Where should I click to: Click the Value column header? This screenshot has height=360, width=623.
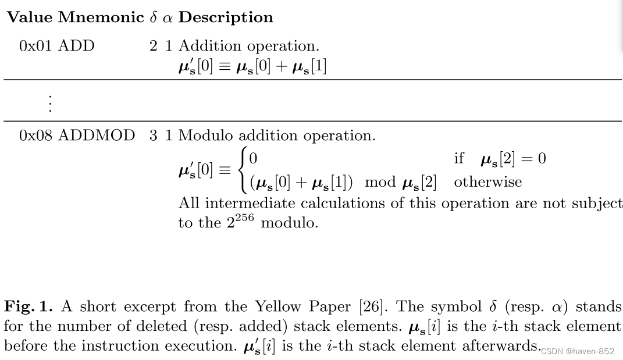click(30, 17)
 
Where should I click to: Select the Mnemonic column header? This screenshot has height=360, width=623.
click(101, 17)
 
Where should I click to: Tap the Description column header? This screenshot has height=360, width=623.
click(226, 17)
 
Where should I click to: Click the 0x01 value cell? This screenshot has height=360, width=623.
click(36, 46)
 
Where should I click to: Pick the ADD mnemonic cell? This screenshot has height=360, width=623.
click(76, 46)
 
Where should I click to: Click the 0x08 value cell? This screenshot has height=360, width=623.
click(36, 136)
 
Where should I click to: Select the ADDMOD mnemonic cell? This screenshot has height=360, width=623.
click(97, 136)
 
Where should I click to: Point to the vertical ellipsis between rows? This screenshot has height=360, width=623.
click(51, 103)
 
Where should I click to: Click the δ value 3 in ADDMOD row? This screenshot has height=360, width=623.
click(153, 136)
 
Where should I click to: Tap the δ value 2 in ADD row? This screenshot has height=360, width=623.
click(153, 46)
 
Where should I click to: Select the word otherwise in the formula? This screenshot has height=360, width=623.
click(488, 182)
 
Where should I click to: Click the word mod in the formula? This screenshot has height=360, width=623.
click(380, 182)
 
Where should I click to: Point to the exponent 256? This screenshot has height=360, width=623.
click(244, 218)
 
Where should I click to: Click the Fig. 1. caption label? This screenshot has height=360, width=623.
click(29, 306)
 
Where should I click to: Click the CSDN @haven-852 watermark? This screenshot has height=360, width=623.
click(577, 351)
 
